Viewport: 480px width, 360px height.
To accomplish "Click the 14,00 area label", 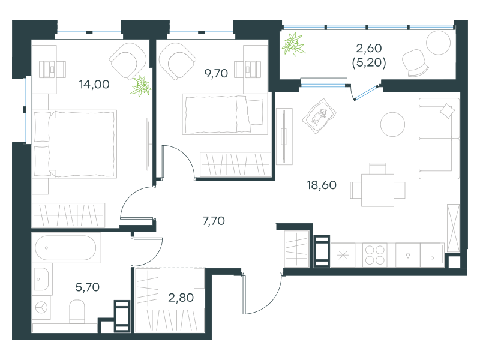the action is pyautogui.click(x=94, y=85).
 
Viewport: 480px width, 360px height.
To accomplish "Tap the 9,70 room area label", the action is pyautogui.click(x=216, y=73).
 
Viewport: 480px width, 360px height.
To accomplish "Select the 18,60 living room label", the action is pyautogui.click(x=322, y=185).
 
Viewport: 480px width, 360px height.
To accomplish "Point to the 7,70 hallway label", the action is pyautogui.click(x=214, y=221).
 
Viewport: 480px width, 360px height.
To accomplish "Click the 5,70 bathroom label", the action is pyautogui.click(x=87, y=287).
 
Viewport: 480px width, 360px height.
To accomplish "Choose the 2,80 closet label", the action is pyautogui.click(x=181, y=298).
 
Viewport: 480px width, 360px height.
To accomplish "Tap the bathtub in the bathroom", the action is pyautogui.click(x=66, y=248).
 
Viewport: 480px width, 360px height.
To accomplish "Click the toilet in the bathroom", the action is pyautogui.click(x=77, y=311).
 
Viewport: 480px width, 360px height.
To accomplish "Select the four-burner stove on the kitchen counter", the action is pyautogui.click(x=374, y=255).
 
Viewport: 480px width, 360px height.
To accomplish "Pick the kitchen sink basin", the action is pyautogui.click(x=432, y=254).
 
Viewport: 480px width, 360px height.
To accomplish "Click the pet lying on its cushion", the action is pyautogui.click(x=319, y=116).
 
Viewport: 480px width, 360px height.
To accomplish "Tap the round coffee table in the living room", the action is pyautogui.click(x=392, y=124).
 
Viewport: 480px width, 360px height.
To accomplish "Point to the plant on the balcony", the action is pyautogui.click(x=293, y=44).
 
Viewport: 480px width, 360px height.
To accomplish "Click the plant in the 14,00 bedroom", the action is pyautogui.click(x=141, y=86).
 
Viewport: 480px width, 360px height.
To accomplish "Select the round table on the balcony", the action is pyautogui.click(x=439, y=43).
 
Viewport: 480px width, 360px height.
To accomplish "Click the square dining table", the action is pyautogui.click(x=377, y=190).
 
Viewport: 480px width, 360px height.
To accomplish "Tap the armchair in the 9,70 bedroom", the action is pyautogui.click(x=178, y=61).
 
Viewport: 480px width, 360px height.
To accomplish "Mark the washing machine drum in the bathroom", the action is pyautogui.click(x=41, y=307).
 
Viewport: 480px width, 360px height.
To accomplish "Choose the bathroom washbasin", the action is pyautogui.click(x=41, y=279).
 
